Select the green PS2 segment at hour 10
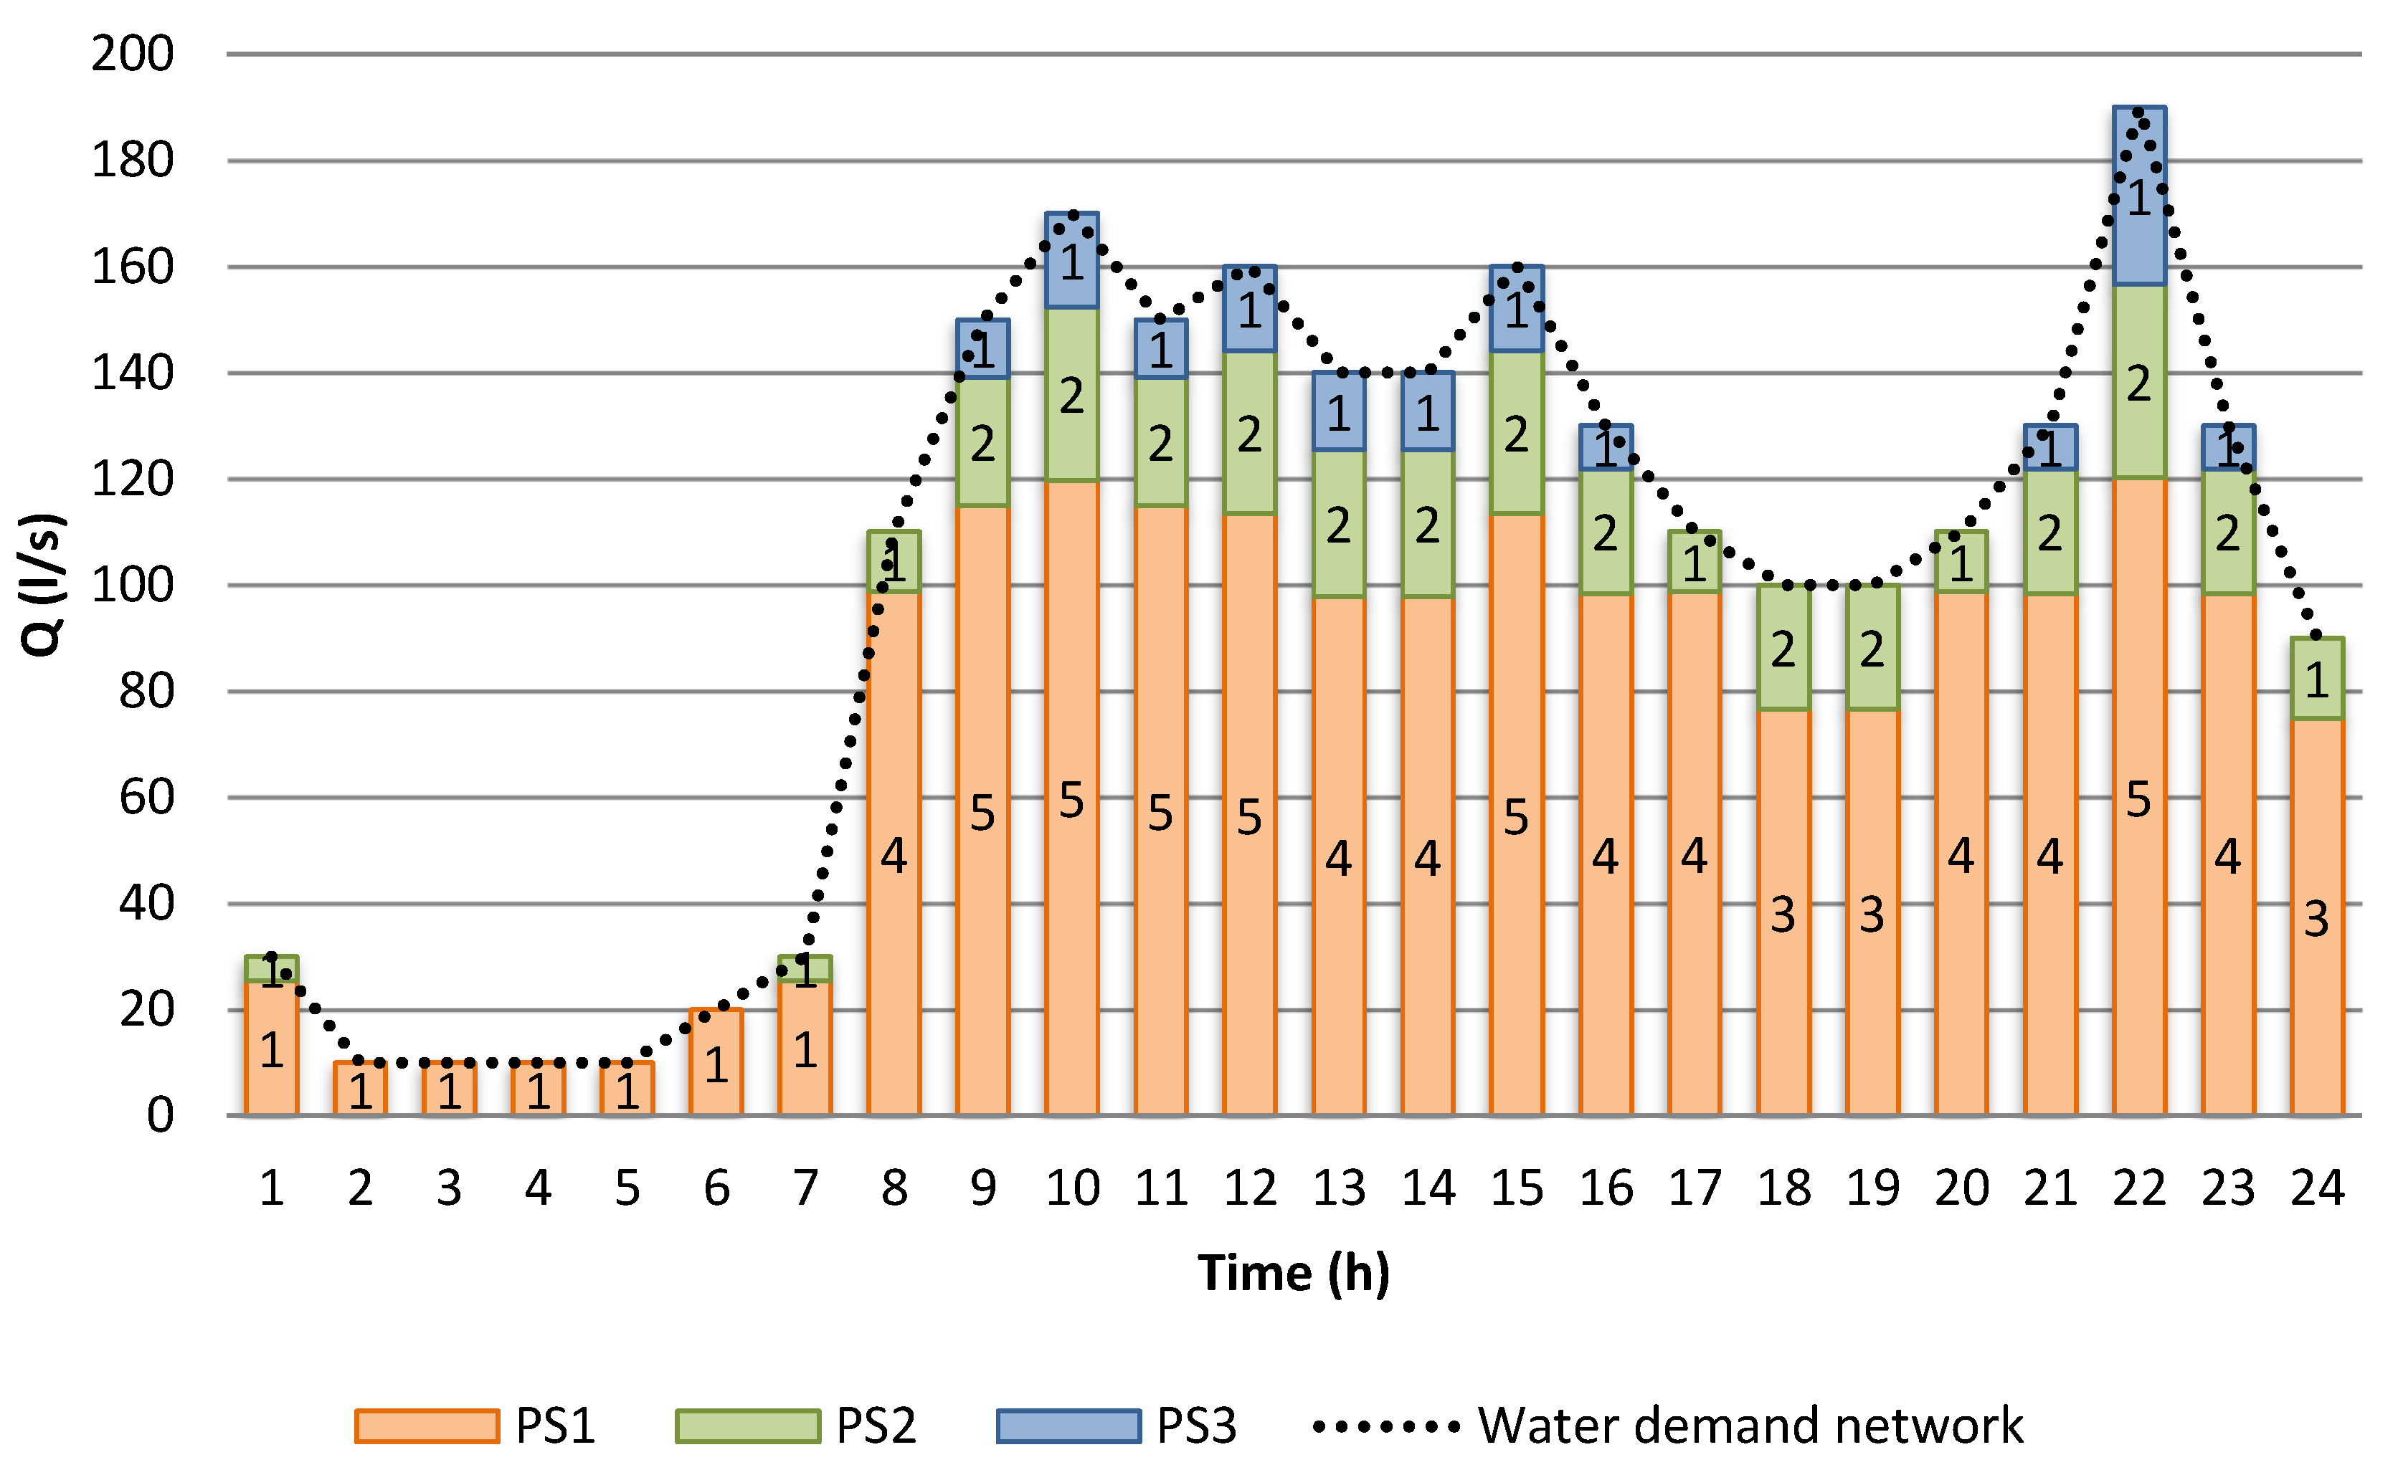click(x=1071, y=394)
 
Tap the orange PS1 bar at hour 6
click(x=716, y=1062)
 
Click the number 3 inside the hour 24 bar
click(x=2316, y=918)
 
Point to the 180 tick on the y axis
click(x=133, y=161)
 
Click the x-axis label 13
click(x=1339, y=1188)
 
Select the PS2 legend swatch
click(x=747, y=1426)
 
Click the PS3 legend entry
click(x=1196, y=1426)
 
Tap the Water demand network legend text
click(x=1750, y=1426)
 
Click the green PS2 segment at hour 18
click(x=1783, y=648)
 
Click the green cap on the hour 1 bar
click(x=272, y=969)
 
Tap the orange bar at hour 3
click(x=450, y=1089)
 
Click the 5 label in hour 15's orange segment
click(x=1515, y=817)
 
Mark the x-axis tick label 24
click(x=2317, y=1188)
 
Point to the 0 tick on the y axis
click(x=160, y=1116)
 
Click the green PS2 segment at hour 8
click(x=894, y=561)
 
